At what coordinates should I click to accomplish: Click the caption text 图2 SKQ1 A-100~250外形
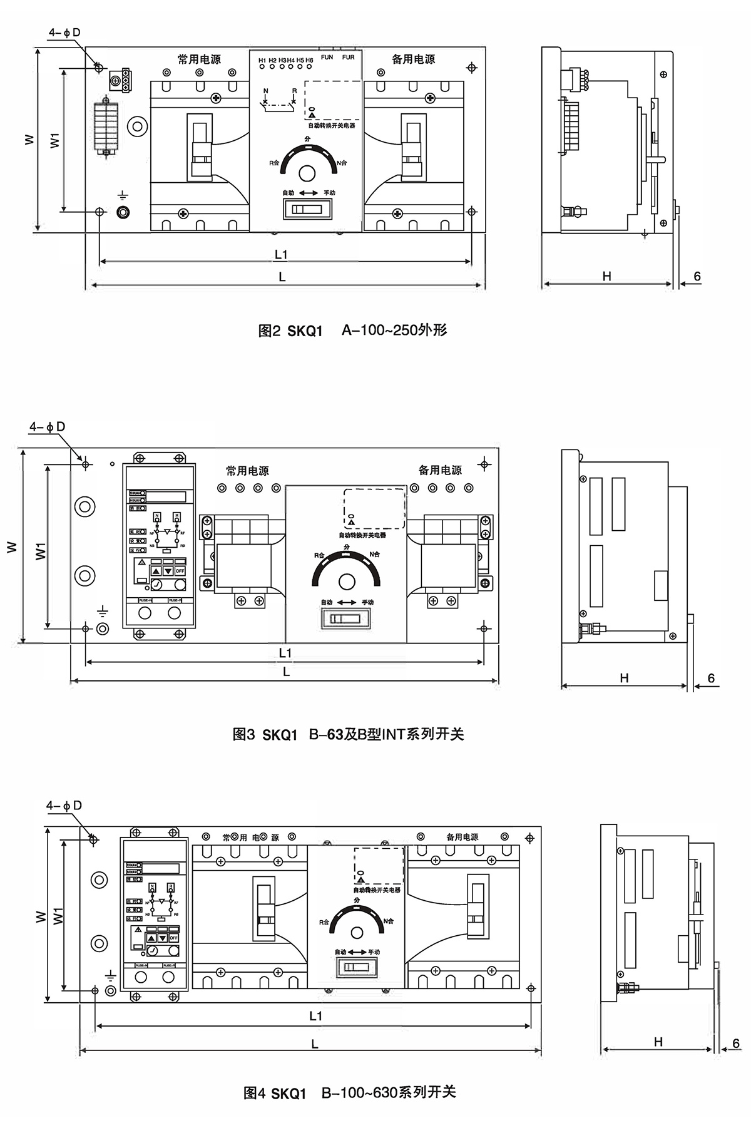pos(352,331)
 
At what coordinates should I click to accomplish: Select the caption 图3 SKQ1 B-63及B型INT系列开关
pos(348,734)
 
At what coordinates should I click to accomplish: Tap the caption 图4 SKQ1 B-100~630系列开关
pos(349,1093)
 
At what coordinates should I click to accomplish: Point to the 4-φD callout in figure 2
pos(64,33)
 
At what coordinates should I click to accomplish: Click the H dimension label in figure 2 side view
pos(606,275)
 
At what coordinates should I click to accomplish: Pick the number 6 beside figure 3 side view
pos(710,678)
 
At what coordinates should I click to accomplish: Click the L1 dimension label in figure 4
pos(315,1015)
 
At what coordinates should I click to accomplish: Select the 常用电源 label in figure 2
pos(199,59)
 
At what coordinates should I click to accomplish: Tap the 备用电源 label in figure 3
pos(440,470)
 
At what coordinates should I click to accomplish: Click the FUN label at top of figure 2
pos(327,57)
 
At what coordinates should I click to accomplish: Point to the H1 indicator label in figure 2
pos(262,60)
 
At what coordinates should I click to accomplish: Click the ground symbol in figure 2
pos(123,196)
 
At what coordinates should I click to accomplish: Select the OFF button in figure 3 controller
pos(180,571)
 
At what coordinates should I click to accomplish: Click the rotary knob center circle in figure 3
pos(347,582)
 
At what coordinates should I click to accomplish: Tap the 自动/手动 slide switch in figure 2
pos(308,208)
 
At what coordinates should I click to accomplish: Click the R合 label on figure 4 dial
pos(324,922)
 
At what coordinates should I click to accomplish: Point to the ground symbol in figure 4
pos(110,975)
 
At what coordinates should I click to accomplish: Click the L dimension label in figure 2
pos(282,277)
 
